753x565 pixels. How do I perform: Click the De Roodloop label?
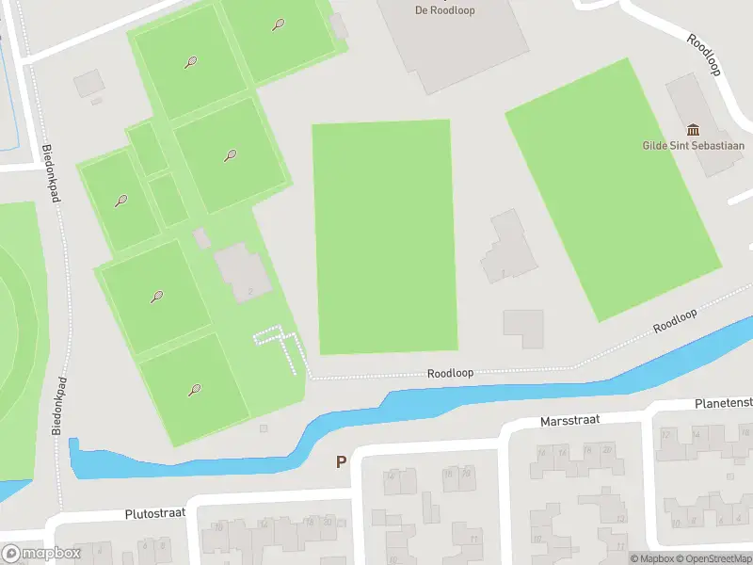pyautogui.click(x=445, y=11)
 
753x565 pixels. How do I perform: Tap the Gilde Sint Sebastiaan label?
pyautogui.click(x=693, y=146)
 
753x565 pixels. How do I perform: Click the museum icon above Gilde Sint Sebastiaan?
pyautogui.click(x=694, y=130)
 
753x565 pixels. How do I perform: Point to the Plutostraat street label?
pyautogui.click(x=155, y=514)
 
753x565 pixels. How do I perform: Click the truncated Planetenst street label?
pyautogui.click(x=724, y=402)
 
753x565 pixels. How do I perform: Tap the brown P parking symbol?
pyautogui.click(x=341, y=462)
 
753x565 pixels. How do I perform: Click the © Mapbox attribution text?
pyautogui.click(x=652, y=558)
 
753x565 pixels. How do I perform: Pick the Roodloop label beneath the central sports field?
pyautogui.click(x=450, y=373)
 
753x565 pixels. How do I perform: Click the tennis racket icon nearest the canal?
pyautogui.click(x=194, y=389)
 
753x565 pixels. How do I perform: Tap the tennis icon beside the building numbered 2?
pyautogui.click(x=156, y=298)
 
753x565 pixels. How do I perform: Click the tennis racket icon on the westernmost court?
pyautogui.click(x=121, y=201)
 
